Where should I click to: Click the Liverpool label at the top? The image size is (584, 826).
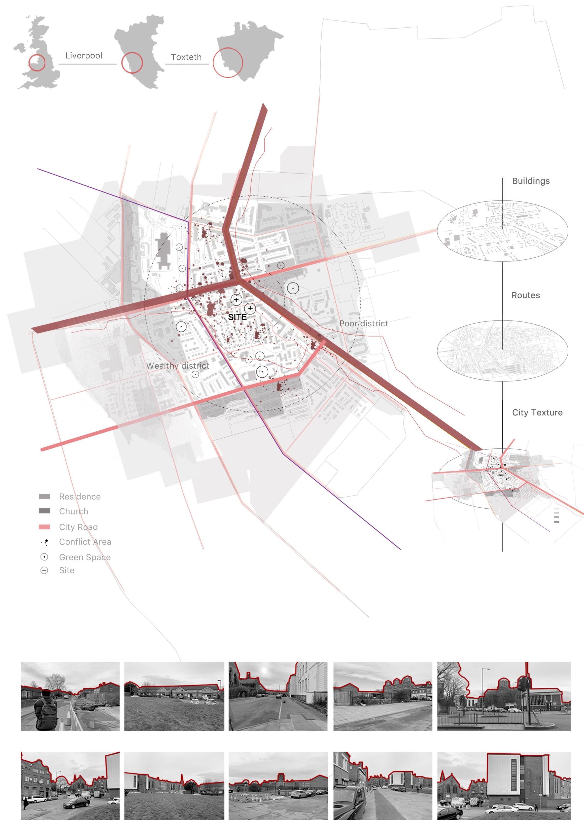tap(83, 56)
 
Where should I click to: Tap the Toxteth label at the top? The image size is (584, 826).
tap(186, 57)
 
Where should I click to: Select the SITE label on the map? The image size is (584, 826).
tap(237, 317)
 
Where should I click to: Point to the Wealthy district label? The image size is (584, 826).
tap(177, 366)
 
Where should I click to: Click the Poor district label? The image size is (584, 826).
tap(363, 324)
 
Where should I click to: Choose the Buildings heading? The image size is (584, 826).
tap(531, 181)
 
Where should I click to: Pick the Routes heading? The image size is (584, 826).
tap(525, 295)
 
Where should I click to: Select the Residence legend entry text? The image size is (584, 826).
tap(80, 497)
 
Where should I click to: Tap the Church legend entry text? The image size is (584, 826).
tap(73, 511)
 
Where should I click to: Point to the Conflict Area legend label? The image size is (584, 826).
tap(85, 542)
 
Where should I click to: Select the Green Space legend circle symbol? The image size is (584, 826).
tap(44, 557)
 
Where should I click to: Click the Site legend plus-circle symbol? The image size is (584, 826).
tap(44, 570)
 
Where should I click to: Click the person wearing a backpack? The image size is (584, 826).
tap(46, 709)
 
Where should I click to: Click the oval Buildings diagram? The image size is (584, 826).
tap(502, 231)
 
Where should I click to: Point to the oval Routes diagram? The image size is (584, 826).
tap(502, 351)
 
